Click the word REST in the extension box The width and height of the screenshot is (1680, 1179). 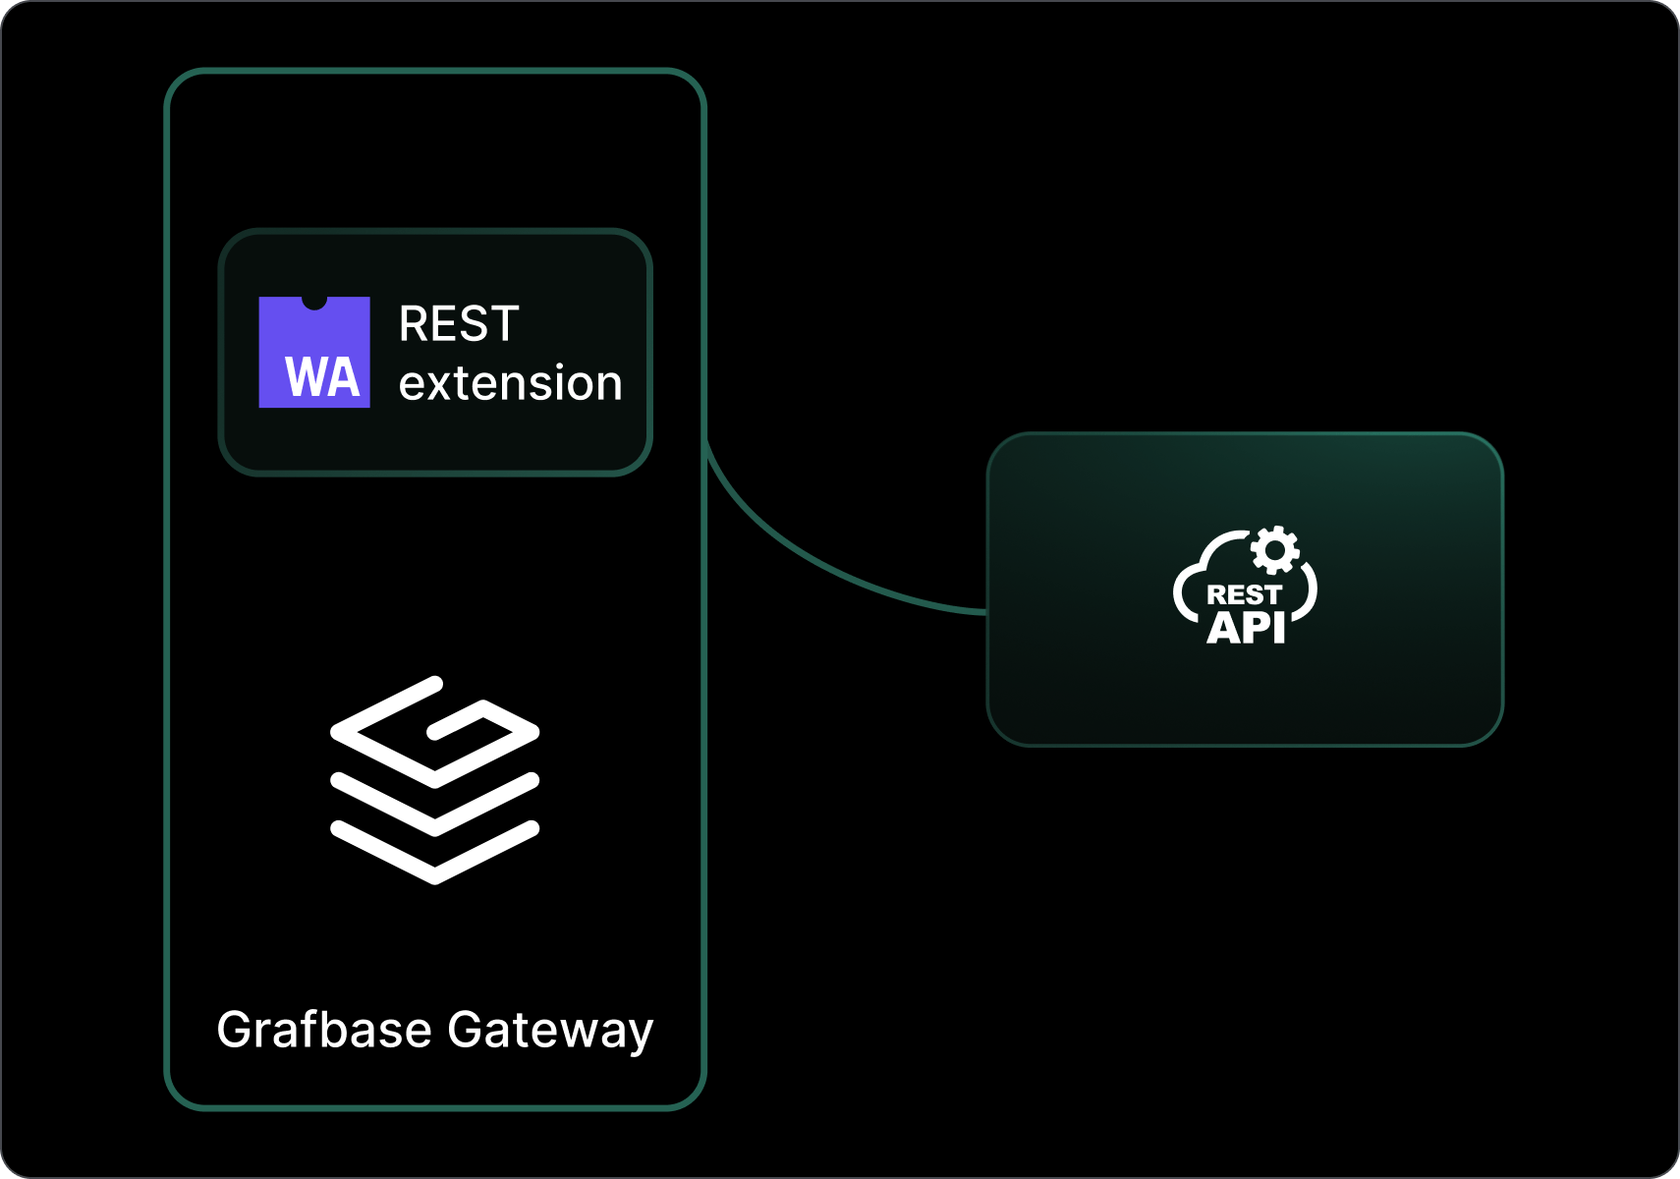point(459,324)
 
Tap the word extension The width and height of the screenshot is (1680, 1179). point(510,383)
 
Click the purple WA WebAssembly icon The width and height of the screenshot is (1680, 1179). point(314,352)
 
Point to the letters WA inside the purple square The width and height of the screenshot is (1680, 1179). point(322,378)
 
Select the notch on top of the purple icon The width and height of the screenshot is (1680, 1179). point(314,302)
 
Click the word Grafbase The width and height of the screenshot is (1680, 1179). point(324,1030)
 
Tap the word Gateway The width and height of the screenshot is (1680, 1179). point(550,1030)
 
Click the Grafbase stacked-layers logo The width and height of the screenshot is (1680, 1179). point(435,780)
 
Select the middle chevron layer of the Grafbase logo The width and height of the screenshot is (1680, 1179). point(435,806)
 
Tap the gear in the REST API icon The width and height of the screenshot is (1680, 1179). point(1275,550)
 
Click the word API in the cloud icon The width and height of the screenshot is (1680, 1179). point(1246,628)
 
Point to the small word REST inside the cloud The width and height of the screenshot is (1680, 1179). point(1244,595)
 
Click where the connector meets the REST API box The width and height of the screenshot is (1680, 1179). point(986,611)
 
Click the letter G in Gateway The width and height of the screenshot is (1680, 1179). point(465,1030)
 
